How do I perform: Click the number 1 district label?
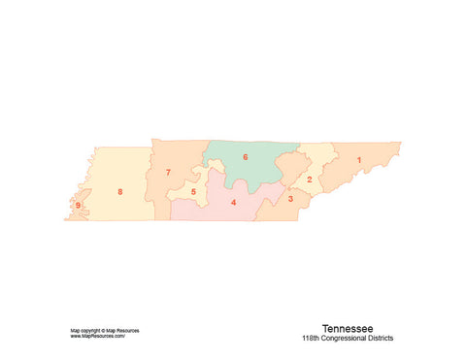pyautogui.click(x=359, y=159)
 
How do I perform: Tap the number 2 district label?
pyautogui.click(x=310, y=180)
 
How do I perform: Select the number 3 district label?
pyautogui.click(x=290, y=199)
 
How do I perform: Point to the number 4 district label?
pyautogui.click(x=233, y=203)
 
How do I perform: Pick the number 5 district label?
pyautogui.click(x=193, y=192)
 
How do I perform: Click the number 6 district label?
pyautogui.click(x=245, y=157)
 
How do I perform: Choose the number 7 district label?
pyautogui.click(x=168, y=173)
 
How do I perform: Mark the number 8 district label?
pyautogui.click(x=119, y=192)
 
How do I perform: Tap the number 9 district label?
pyautogui.click(x=78, y=206)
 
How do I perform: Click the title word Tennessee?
pyautogui.click(x=346, y=328)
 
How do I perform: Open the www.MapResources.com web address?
pyautogui.click(x=98, y=336)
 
